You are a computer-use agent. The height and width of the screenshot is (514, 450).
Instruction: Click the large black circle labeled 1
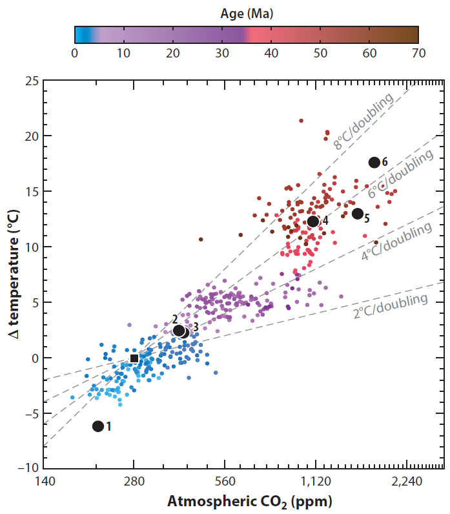pyautogui.click(x=98, y=426)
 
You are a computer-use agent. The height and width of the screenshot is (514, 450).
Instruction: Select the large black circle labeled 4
pyautogui.click(x=313, y=221)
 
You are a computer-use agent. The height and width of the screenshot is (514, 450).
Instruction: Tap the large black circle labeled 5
pyautogui.click(x=358, y=214)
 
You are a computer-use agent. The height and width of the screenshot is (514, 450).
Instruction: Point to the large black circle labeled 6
pyautogui.click(x=374, y=162)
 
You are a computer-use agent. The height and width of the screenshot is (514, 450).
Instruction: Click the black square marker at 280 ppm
pyautogui.click(x=134, y=358)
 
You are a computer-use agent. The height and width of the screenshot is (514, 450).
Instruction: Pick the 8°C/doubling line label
pyautogui.click(x=363, y=122)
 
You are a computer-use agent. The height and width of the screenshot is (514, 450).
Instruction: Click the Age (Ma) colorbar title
pyautogui.click(x=246, y=12)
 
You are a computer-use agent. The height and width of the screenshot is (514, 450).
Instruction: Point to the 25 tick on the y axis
pyautogui.click(x=31, y=81)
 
